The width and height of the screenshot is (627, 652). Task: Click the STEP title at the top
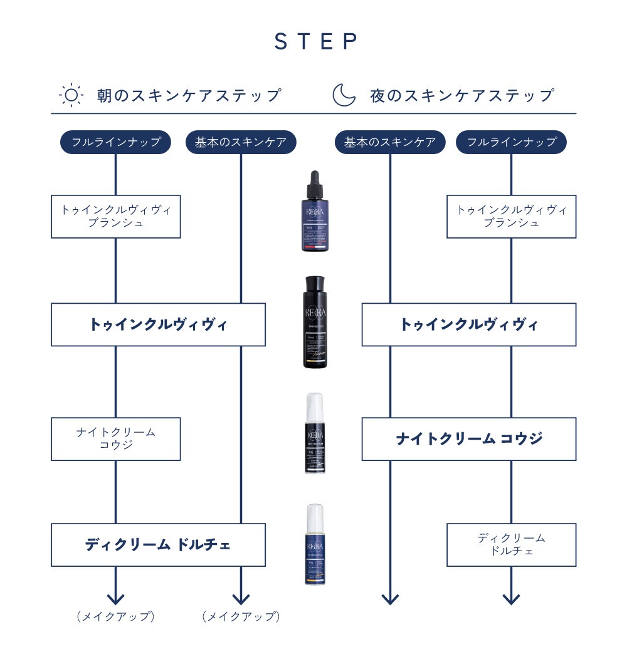click(316, 41)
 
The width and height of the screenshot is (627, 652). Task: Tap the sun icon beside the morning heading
click(71, 95)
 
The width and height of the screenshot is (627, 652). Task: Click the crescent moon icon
click(343, 95)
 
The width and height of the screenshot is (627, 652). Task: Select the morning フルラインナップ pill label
click(115, 142)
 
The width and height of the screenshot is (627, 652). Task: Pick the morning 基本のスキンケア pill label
click(241, 142)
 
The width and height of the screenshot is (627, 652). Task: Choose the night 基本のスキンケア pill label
click(390, 142)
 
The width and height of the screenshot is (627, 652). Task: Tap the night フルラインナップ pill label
click(511, 142)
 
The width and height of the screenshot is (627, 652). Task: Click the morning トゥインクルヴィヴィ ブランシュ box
click(115, 216)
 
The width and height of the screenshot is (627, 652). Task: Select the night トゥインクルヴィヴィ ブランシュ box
click(511, 216)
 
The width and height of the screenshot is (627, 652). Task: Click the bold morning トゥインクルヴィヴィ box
click(158, 324)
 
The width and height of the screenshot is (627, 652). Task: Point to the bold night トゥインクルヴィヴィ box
click(468, 324)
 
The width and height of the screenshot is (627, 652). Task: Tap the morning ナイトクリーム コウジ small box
click(115, 438)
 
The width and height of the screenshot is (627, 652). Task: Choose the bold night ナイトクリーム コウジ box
click(468, 438)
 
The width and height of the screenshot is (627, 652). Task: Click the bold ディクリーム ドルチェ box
click(158, 544)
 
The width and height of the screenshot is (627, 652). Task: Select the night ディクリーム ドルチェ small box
click(511, 544)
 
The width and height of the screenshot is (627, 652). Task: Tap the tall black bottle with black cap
click(315, 322)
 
